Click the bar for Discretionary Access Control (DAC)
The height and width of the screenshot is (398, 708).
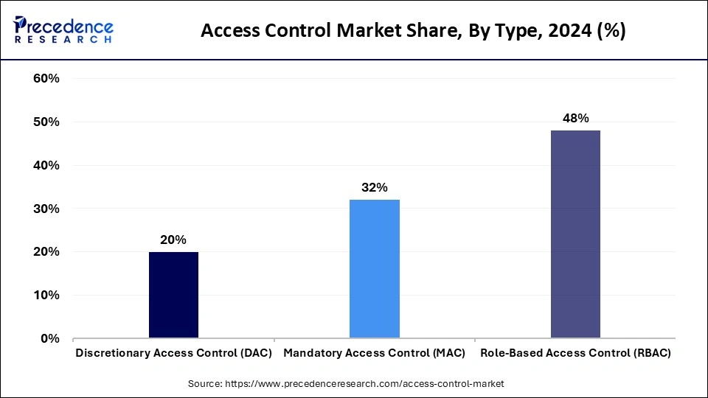coord(173,295)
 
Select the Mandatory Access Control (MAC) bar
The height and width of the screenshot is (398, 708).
coord(375,269)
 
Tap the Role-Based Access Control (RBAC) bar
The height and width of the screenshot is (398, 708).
coord(575,234)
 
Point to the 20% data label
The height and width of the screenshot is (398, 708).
coord(173,240)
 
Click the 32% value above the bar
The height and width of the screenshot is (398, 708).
coord(375,187)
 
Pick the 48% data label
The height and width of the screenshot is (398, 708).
coord(575,118)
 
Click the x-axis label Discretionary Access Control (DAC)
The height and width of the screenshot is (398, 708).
coord(174,353)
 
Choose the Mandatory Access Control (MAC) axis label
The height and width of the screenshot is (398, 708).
coord(375,353)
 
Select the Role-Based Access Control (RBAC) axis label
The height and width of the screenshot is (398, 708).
coord(575,353)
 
